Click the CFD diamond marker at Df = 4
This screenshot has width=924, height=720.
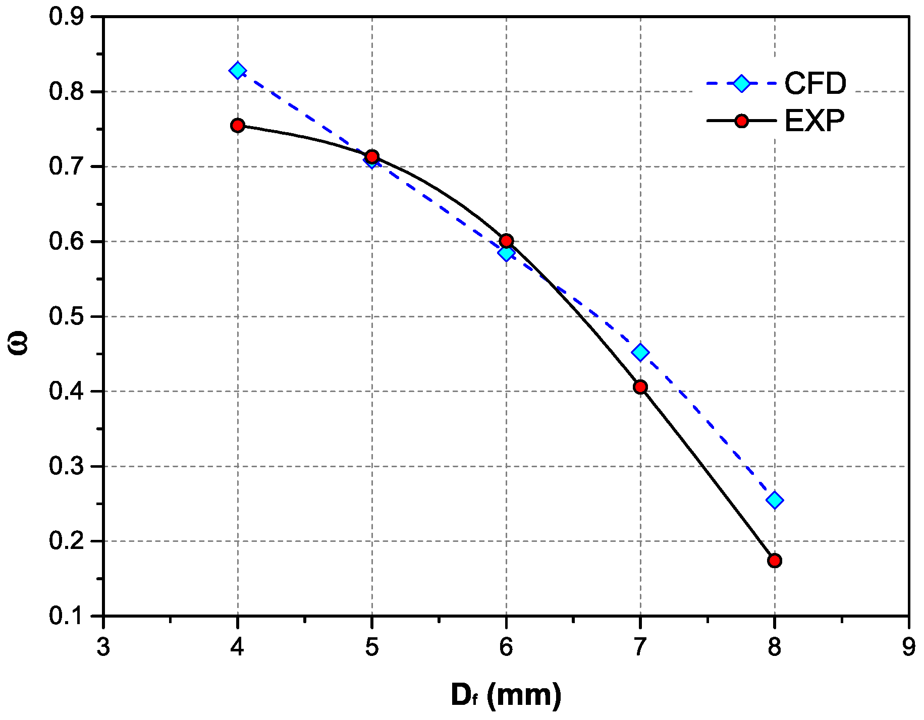click(x=237, y=70)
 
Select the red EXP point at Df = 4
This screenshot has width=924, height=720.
click(x=238, y=125)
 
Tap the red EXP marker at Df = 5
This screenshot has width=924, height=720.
click(x=372, y=156)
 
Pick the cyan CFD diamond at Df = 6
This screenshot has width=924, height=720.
click(x=506, y=253)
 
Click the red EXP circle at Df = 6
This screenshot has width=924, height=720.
click(x=507, y=241)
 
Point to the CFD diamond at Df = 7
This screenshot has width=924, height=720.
click(x=640, y=352)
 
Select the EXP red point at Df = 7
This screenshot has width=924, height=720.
click(x=640, y=387)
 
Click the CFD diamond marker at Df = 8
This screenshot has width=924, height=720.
click(x=775, y=500)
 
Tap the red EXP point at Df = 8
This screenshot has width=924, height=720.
click(x=775, y=561)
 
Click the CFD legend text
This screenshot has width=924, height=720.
click(x=815, y=83)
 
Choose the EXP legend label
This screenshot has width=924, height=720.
click(x=814, y=121)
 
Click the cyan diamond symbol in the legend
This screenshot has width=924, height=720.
click(x=741, y=83)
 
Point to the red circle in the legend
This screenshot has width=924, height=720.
click(x=741, y=121)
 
